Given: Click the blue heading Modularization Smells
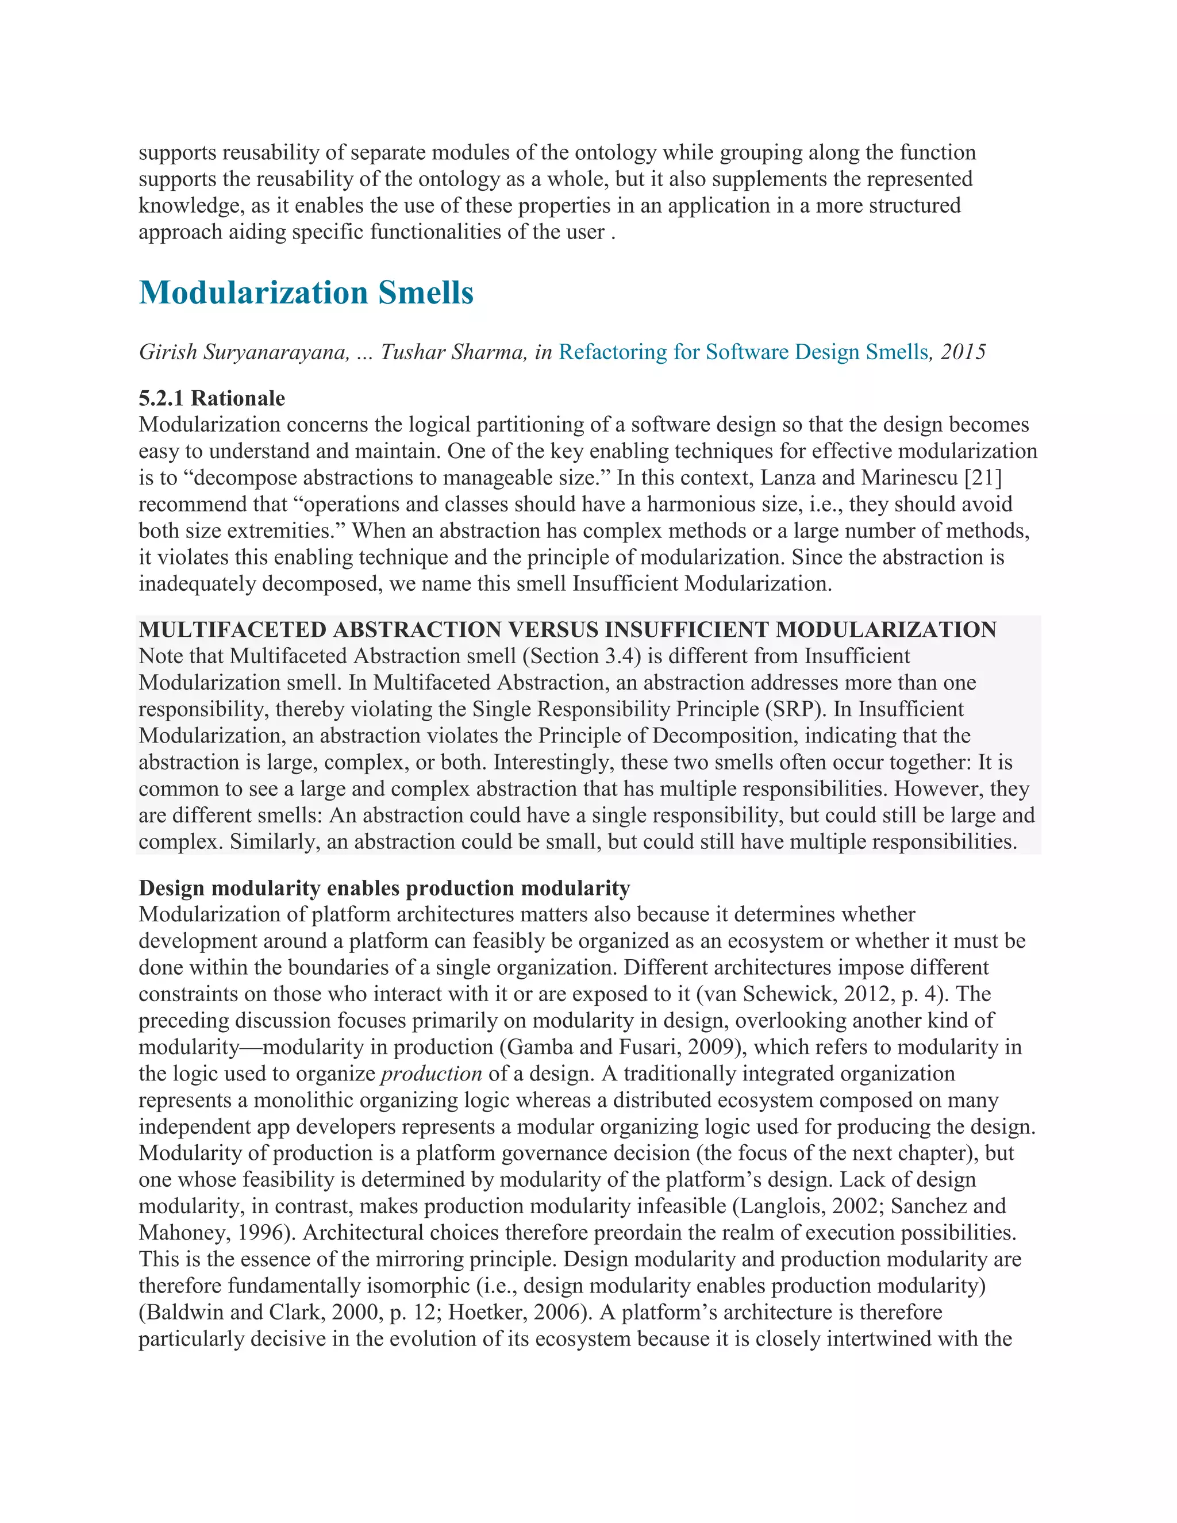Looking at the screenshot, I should click(306, 293).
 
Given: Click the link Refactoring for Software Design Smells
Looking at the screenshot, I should click(743, 352).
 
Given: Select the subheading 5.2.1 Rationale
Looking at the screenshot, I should click(212, 398).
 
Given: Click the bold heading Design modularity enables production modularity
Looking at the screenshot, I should click(384, 889).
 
